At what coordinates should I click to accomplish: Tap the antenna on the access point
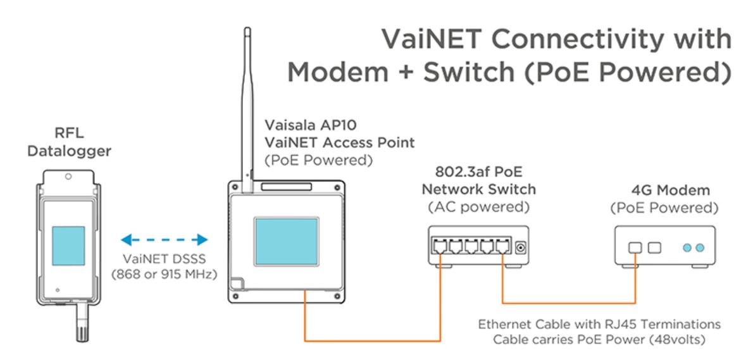point(247,108)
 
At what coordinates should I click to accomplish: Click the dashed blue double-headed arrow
point(164,239)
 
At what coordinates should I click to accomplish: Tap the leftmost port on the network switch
point(439,247)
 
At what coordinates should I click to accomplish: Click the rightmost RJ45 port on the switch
point(502,247)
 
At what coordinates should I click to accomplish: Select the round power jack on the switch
point(521,247)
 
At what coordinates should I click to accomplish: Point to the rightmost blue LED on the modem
point(699,247)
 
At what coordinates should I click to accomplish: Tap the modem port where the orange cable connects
point(635,247)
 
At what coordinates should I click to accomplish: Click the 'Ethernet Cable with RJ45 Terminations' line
point(598,325)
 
